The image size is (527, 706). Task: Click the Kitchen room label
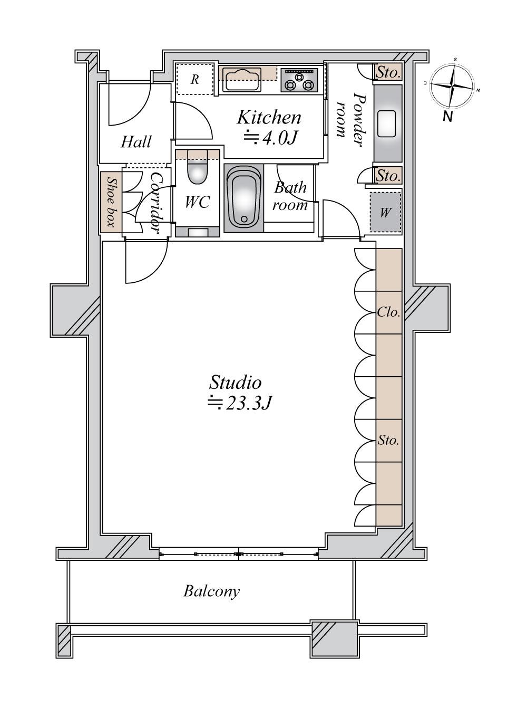point(269,118)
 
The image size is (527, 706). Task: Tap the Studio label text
point(235,383)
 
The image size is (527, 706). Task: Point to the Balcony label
point(211,591)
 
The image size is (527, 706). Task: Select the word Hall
point(136,142)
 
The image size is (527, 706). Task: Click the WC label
point(197,202)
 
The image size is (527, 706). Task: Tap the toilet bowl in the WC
point(197,173)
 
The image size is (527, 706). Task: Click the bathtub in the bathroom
point(244,198)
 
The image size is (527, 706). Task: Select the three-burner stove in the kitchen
point(299,80)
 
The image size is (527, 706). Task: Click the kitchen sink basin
point(242,80)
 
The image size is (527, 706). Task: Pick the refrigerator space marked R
point(194,79)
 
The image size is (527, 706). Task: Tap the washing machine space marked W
point(385,212)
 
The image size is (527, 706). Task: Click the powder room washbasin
point(387,124)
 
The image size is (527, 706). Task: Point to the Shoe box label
point(111,202)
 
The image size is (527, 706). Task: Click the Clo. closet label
point(388,312)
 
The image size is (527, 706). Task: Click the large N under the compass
point(447,117)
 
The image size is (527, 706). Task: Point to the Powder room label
point(352,119)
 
